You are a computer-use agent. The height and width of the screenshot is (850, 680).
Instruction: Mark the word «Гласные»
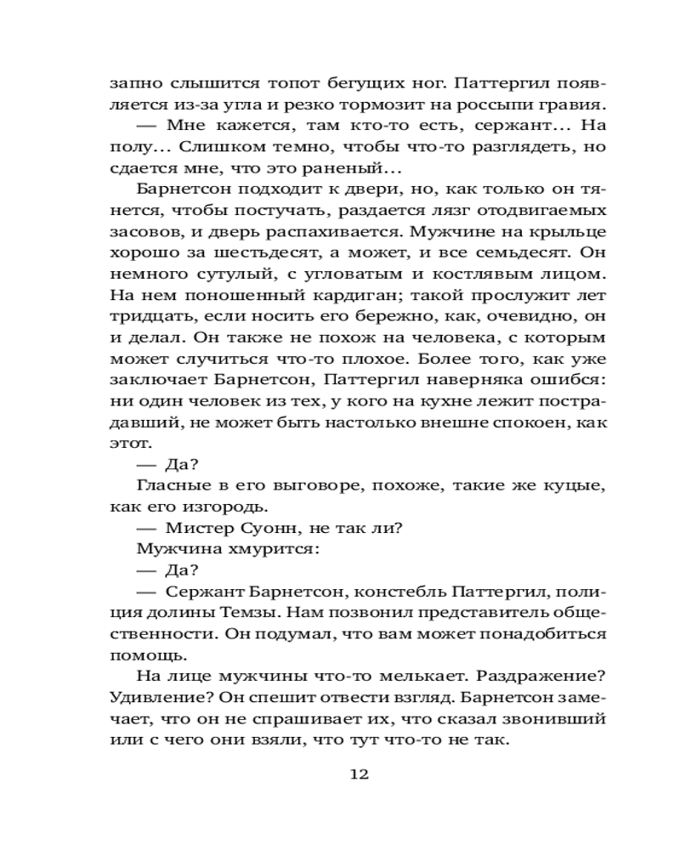[x=171, y=485]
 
